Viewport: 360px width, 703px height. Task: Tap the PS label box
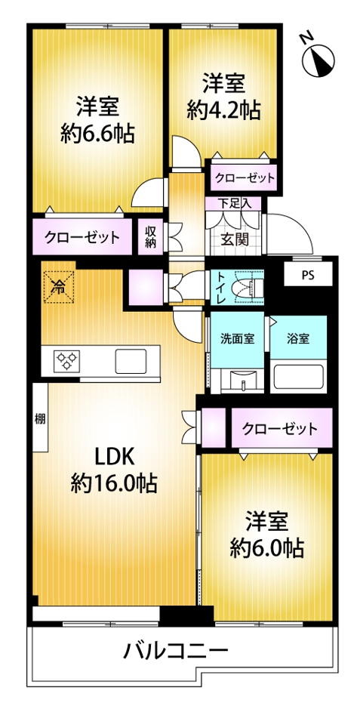pyautogui.click(x=308, y=274)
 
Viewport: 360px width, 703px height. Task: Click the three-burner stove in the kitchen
pyautogui.click(x=67, y=361)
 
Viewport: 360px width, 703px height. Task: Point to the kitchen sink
pyautogui.click(x=131, y=361)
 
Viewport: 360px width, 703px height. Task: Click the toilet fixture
pyautogui.click(x=248, y=287)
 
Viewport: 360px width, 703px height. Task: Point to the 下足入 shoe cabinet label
pyautogui.click(x=232, y=204)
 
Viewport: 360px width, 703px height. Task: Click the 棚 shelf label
pyautogui.click(x=40, y=419)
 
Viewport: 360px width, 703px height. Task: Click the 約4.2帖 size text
pyautogui.click(x=223, y=109)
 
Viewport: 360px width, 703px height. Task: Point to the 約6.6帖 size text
pyautogui.click(x=97, y=133)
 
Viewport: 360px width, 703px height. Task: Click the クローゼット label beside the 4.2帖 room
pyautogui.click(x=245, y=178)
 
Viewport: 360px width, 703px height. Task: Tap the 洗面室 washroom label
pyautogui.click(x=238, y=339)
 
